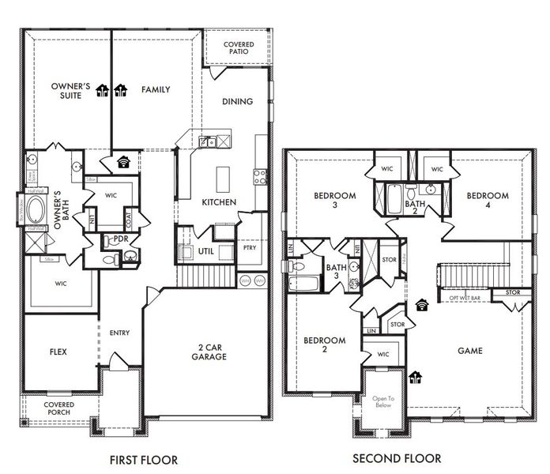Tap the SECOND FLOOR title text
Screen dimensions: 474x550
tap(396, 458)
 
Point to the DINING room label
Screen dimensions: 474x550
tap(237, 101)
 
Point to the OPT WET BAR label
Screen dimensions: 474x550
tap(466, 298)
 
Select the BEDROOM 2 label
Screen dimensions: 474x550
tap(325, 345)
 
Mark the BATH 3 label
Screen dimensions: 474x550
tap(337, 273)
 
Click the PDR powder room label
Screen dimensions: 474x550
tap(122, 238)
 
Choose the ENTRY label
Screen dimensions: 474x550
tap(119, 333)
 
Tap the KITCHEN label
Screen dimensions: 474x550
tap(219, 202)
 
